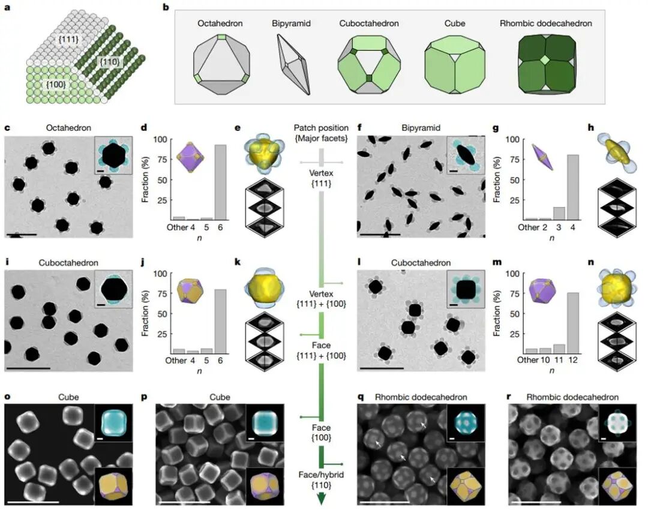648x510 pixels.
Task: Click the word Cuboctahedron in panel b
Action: pyautogui.click(x=368, y=23)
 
